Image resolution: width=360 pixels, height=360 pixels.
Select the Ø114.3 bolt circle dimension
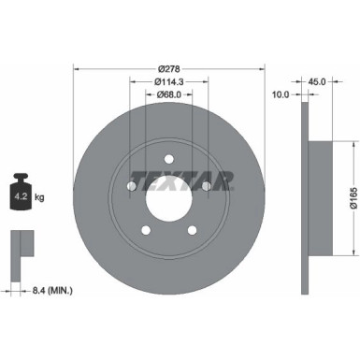pyautogui.click(x=168, y=82)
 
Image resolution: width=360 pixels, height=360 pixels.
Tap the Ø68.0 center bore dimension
pyautogui.click(x=168, y=94)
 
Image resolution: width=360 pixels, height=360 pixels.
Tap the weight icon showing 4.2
pyautogui.click(x=21, y=194)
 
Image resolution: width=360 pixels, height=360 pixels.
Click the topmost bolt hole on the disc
pyautogui.click(x=168, y=159)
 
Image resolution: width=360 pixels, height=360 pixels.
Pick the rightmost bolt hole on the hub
pyautogui.click(x=207, y=187)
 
